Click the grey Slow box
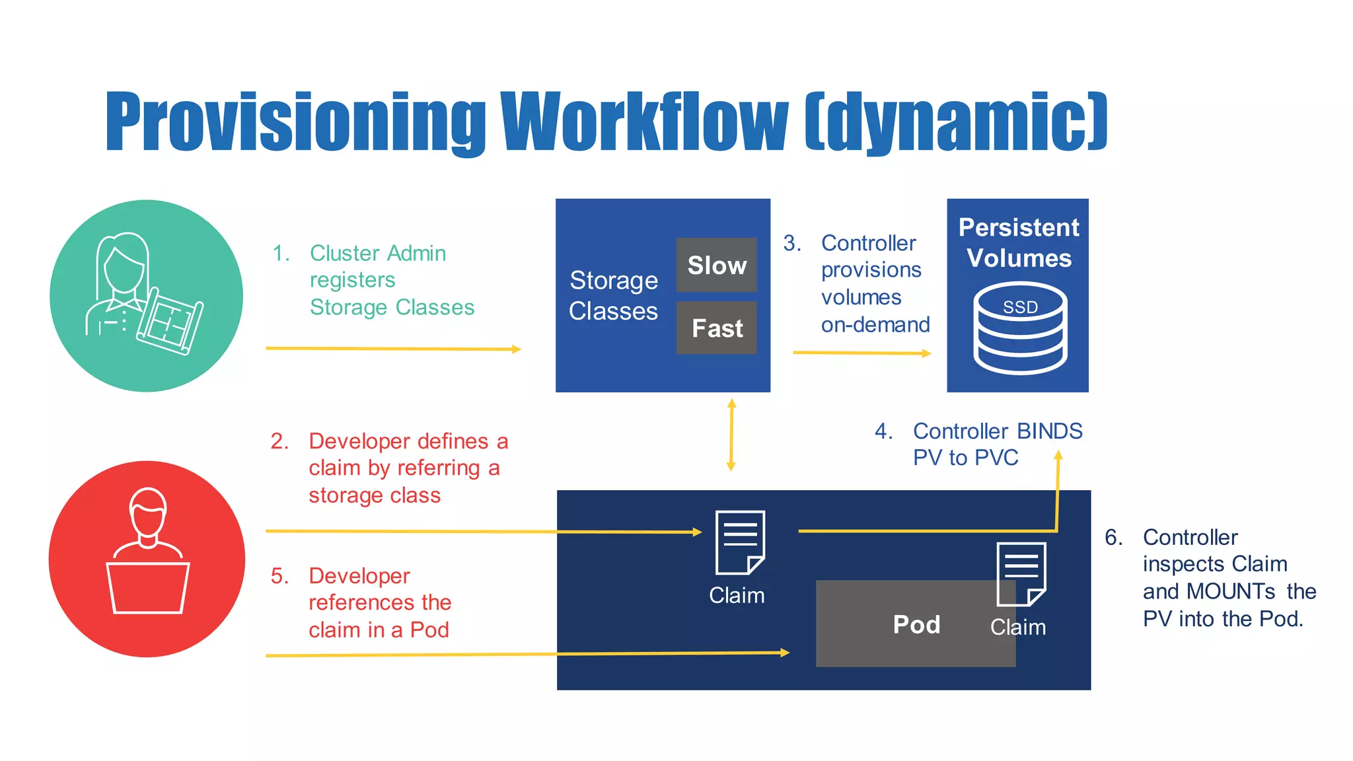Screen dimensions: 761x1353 [716, 265]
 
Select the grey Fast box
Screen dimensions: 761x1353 [716, 328]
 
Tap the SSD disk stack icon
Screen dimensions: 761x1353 [1019, 328]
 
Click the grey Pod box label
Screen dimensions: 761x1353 [916, 624]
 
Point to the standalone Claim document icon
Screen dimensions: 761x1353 [740, 542]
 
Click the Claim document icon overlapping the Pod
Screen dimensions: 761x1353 [1021, 574]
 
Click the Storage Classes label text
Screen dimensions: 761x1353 [613, 295]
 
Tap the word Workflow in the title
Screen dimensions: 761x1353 [644, 122]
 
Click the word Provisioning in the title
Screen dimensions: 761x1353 [295, 122]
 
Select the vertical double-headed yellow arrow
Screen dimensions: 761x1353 [731, 435]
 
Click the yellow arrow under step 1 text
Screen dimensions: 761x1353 [393, 348]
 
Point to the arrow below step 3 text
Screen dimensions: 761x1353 [861, 353]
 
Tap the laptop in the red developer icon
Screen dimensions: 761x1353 [148, 587]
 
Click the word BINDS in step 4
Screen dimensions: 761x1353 [1049, 431]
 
